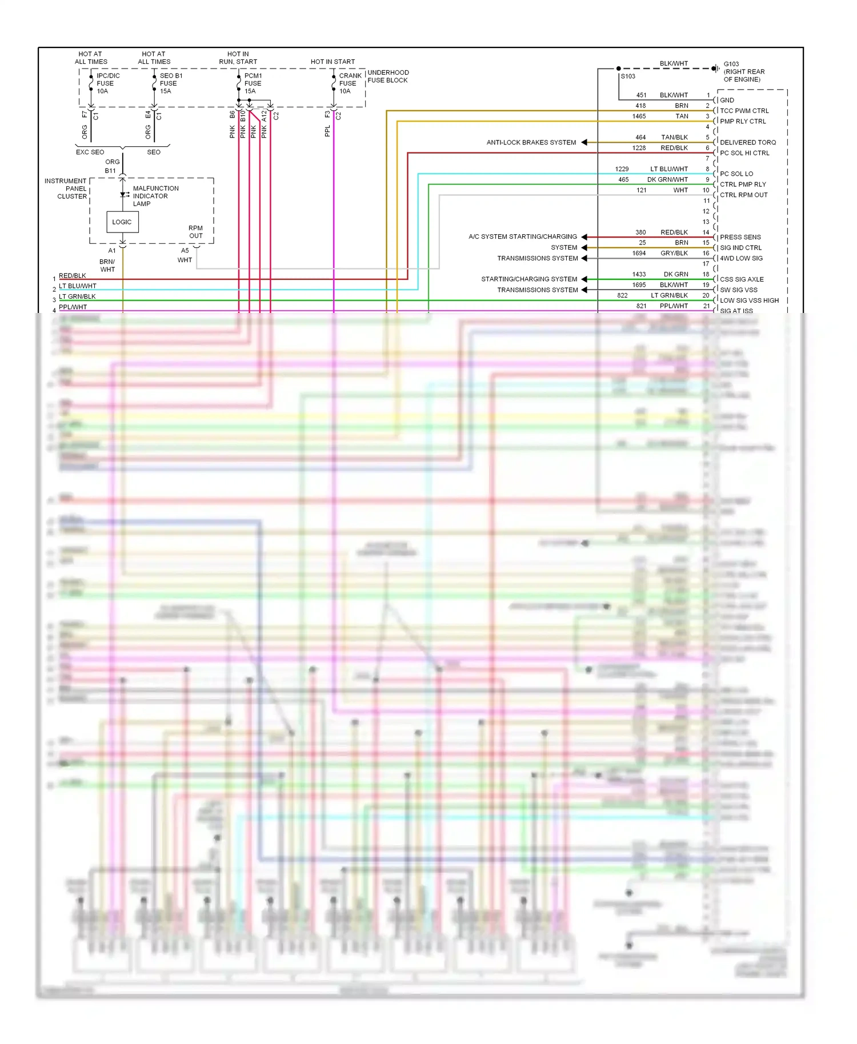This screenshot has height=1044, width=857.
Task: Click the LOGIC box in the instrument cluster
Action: coord(122,222)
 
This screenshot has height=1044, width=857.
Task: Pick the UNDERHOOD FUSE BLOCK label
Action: coord(388,77)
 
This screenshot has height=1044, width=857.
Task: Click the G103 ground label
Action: coord(743,71)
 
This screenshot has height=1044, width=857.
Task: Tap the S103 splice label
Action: coord(628,77)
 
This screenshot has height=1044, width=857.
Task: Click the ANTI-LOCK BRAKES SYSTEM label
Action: coord(531,142)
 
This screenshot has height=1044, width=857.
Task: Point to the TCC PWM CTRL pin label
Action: coord(744,111)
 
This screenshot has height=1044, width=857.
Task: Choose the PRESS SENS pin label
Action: coord(740,237)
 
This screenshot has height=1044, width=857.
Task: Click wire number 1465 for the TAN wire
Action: coord(639,117)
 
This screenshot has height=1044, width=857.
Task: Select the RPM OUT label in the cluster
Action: coord(195,232)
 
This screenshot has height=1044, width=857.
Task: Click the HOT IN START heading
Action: coord(333,62)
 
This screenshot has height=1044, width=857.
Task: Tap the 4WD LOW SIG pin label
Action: coord(741,258)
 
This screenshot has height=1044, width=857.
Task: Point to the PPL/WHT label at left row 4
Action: coord(73,307)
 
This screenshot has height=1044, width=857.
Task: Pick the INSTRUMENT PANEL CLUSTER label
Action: coord(66,188)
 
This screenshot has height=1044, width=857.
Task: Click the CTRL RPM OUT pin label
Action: coord(743,195)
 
